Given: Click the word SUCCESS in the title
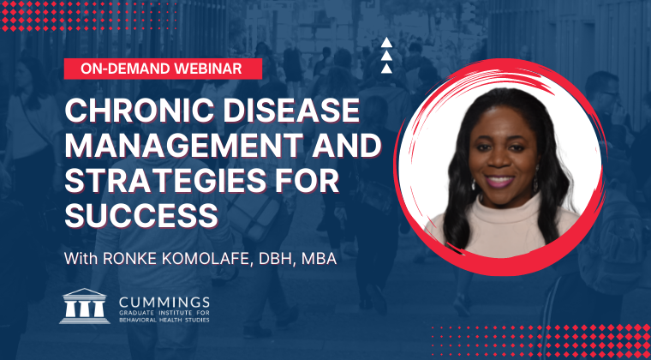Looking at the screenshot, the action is point(141,217).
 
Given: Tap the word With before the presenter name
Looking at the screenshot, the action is point(81,259).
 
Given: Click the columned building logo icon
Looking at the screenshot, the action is point(85,306).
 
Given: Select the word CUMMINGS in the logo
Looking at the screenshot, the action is point(164,303).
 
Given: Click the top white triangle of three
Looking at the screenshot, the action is point(386,43).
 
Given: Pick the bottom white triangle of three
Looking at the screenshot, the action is point(386,69).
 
